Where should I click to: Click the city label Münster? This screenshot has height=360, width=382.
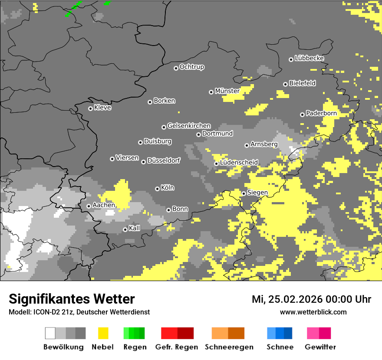[227, 91]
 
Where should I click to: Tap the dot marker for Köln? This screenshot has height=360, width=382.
[157, 189]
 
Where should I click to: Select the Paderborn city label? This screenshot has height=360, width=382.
[321, 114]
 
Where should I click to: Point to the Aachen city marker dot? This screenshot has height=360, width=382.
[89, 206]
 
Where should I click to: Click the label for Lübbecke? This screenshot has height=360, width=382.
[309, 58]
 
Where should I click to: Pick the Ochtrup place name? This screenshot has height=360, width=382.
[191, 67]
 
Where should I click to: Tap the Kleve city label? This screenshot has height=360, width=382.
[102, 108]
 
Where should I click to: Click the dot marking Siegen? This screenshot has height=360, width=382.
[244, 193]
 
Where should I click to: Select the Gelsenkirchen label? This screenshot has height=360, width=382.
[189, 126]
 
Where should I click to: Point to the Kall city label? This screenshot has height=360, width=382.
[135, 228]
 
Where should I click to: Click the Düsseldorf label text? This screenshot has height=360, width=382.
[164, 160]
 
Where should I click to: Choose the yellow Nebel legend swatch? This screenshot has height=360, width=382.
[103, 333]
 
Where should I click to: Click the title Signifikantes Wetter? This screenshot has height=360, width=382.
[72, 299]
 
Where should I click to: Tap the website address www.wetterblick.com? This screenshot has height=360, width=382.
[313, 312]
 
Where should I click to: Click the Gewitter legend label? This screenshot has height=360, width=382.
[320, 347]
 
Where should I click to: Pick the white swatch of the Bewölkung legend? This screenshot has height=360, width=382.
[50, 333]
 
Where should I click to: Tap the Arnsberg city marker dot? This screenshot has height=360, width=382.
[247, 145]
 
